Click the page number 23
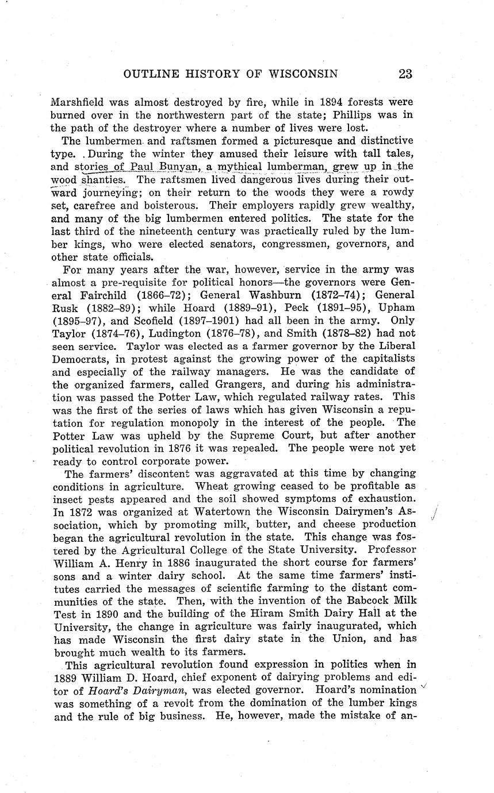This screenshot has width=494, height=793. [x=405, y=74]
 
